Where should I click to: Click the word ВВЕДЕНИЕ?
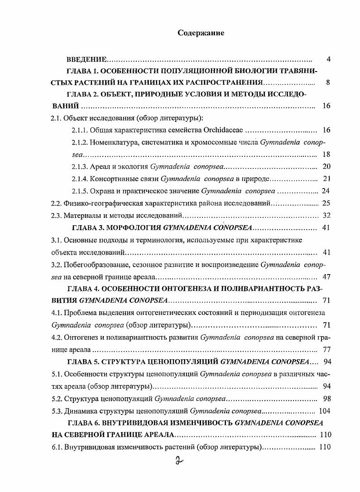(86, 60)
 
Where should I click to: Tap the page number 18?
(326, 154)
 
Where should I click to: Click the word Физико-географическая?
(101, 203)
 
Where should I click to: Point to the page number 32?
(326, 215)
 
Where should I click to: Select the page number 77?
(326, 350)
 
